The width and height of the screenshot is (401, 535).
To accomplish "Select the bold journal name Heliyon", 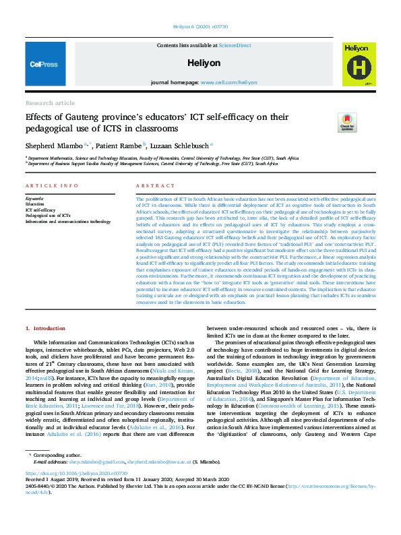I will click(x=200, y=62).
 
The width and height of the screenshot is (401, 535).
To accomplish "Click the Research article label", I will click(x=51, y=102).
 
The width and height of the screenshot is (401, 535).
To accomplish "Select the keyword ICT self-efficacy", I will click(x=40, y=210).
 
